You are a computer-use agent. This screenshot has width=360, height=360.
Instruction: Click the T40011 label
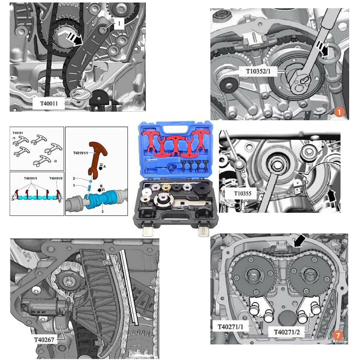click(49, 104)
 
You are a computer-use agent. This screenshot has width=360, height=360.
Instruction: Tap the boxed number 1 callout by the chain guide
click(119, 24)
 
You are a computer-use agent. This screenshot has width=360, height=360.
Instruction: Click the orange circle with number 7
click(338, 336)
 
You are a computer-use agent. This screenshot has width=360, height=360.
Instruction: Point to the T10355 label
click(243, 193)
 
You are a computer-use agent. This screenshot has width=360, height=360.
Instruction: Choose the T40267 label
click(44, 340)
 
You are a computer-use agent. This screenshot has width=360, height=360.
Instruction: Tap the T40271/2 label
click(286, 332)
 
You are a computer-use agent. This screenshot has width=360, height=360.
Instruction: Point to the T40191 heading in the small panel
click(18, 132)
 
